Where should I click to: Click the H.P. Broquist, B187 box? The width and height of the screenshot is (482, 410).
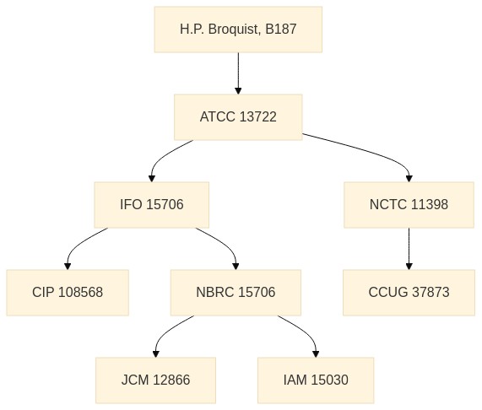[238, 30]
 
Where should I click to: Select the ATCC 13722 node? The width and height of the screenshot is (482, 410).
[238, 117]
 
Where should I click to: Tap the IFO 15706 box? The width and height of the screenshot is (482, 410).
[152, 205]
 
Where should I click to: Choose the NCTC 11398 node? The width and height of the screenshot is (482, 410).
[409, 205]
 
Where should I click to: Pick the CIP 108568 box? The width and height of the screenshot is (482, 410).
[68, 293]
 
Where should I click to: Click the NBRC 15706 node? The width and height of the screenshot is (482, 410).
[236, 293]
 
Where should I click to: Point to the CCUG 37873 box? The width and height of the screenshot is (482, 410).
[409, 293]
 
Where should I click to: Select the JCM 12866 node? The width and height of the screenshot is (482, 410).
[155, 380]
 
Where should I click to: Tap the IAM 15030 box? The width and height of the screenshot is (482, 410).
[316, 380]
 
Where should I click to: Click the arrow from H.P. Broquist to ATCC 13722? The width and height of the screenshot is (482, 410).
[238, 73]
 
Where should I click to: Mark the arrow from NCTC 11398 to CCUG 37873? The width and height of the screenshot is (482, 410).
[409, 249]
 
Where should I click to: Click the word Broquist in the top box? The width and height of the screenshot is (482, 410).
[235, 30]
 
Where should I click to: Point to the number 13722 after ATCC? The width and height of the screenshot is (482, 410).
[257, 117]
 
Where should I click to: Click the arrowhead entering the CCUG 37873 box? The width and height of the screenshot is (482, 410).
[409, 267]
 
